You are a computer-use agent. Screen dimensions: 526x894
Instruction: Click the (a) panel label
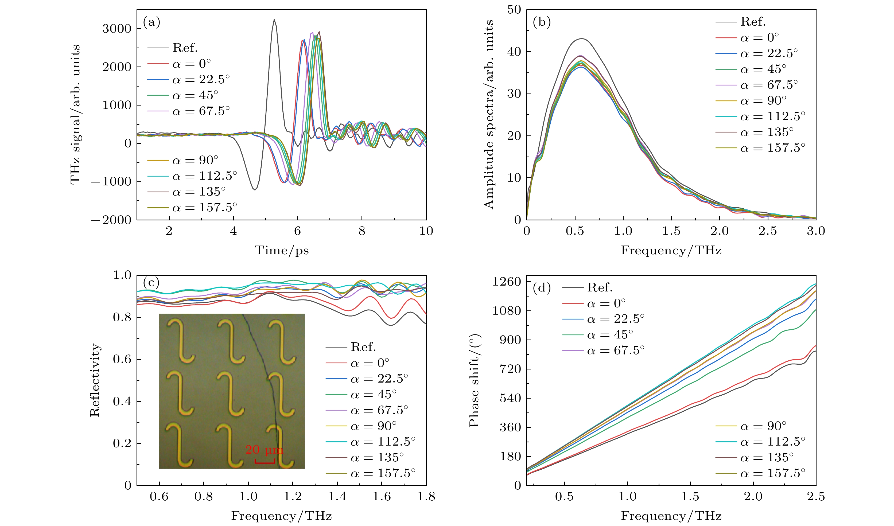(151, 22)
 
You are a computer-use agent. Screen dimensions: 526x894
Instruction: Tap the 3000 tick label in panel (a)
(117, 29)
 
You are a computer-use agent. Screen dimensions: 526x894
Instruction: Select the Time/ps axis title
(281, 250)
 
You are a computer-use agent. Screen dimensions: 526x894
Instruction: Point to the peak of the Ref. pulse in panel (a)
(274, 20)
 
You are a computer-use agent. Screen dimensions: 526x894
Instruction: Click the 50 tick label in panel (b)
(514, 10)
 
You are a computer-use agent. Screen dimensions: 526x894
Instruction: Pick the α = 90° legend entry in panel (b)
(763, 101)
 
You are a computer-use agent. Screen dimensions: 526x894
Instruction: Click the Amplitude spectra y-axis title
(489, 114)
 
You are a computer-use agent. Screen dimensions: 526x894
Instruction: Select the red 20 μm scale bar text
(264, 450)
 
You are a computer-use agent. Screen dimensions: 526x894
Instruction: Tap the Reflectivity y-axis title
(95, 380)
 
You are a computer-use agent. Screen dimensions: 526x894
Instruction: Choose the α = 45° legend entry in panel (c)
(373, 394)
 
